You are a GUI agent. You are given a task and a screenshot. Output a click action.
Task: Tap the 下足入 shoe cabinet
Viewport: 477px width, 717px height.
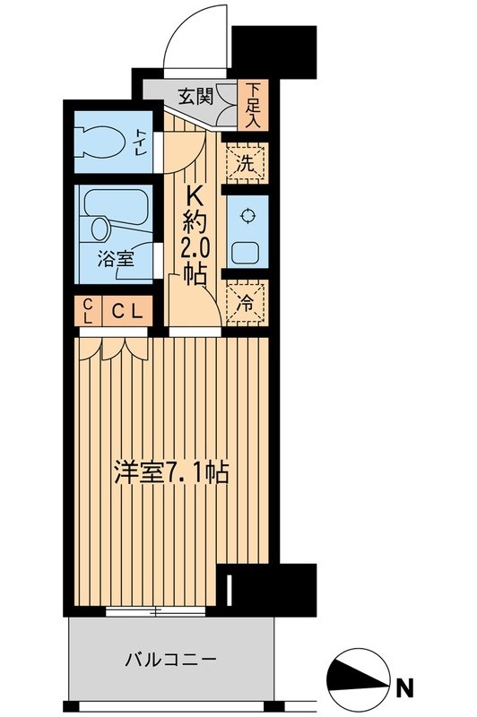pos(254,105)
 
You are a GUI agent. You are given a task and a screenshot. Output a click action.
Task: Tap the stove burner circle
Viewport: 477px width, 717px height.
pos(245,215)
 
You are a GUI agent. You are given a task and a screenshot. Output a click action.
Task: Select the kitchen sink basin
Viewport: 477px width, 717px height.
pos(245,247)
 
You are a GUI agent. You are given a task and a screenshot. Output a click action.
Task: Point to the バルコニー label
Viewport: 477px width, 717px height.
pos(170,661)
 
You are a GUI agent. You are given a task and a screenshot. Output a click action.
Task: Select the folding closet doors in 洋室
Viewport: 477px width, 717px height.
pos(111,346)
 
